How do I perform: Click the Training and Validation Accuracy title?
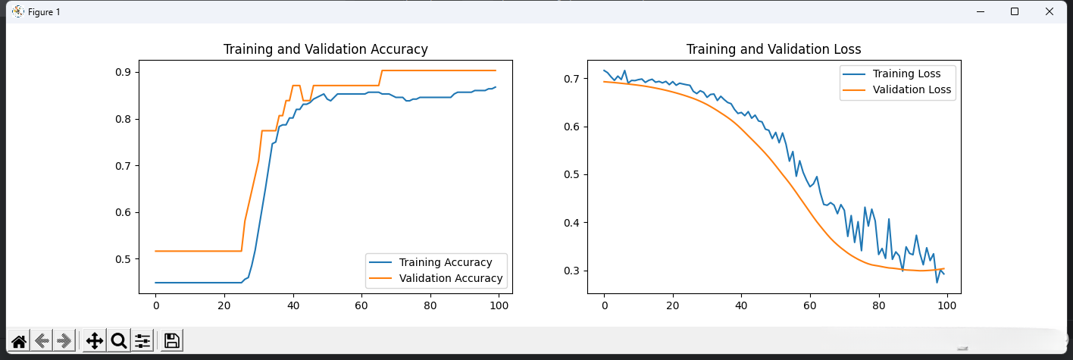click(x=325, y=49)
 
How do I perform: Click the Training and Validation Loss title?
click(x=774, y=49)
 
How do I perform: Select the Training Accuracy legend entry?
click(x=446, y=262)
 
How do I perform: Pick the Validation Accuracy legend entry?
click(x=451, y=278)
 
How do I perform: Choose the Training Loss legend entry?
click(x=906, y=74)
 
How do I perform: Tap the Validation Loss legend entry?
click(x=912, y=89)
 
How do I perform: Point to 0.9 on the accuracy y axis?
click(x=123, y=72)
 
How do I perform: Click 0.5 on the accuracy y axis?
click(x=123, y=259)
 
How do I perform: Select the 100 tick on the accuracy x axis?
click(x=499, y=305)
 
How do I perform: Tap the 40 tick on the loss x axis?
click(x=741, y=305)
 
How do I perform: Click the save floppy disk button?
click(x=172, y=341)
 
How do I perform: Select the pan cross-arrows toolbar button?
click(x=95, y=341)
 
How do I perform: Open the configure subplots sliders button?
click(x=142, y=341)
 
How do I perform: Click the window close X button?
click(x=1049, y=11)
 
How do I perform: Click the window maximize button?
click(x=1015, y=11)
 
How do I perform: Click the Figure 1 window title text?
click(x=44, y=12)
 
